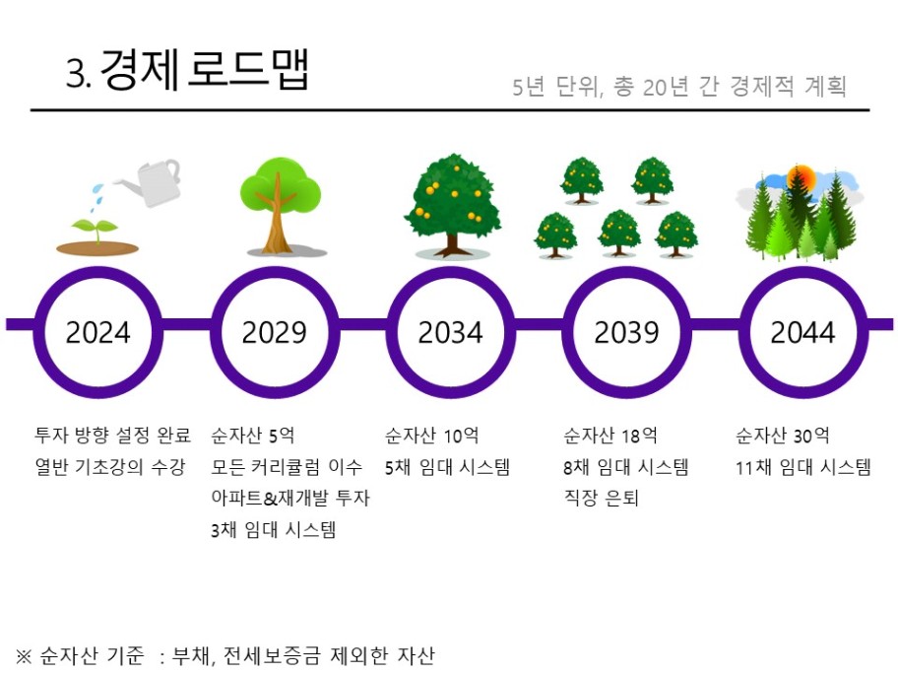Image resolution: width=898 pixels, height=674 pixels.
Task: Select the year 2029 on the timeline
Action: (275, 332)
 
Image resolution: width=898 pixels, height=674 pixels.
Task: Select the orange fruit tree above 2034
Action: (452, 205)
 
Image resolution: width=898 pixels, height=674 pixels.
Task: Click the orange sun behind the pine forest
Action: (801, 177)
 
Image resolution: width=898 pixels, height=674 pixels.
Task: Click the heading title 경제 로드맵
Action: (205, 70)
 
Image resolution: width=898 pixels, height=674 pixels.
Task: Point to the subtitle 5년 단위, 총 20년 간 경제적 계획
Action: (679, 87)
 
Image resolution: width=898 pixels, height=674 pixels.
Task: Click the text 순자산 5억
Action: (252, 436)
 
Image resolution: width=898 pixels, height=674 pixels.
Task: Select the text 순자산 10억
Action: (432, 436)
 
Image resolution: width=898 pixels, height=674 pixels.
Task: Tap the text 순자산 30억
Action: (783, 436)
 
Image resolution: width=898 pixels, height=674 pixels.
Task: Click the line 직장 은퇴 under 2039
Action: (601, 498)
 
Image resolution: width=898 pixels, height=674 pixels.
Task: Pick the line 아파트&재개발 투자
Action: (290, 498)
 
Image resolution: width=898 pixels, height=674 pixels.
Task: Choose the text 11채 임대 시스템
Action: (802, 467)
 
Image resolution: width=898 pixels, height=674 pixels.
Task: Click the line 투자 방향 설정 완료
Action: (113, 436)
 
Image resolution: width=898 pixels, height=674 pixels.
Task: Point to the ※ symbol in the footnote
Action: (24, 655)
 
